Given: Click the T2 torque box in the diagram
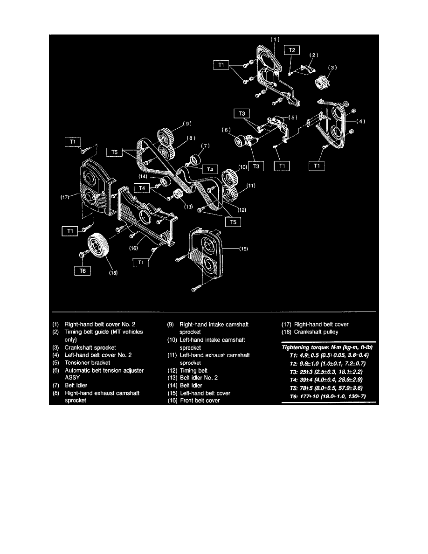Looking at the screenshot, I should (x=291, y=48).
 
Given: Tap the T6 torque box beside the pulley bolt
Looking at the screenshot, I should (x=82, y=270).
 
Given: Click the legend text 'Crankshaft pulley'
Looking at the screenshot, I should (x=317, y=332).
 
